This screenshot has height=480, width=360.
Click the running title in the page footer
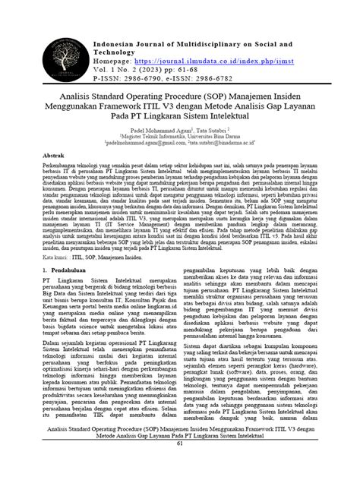(x=180, y=453)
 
